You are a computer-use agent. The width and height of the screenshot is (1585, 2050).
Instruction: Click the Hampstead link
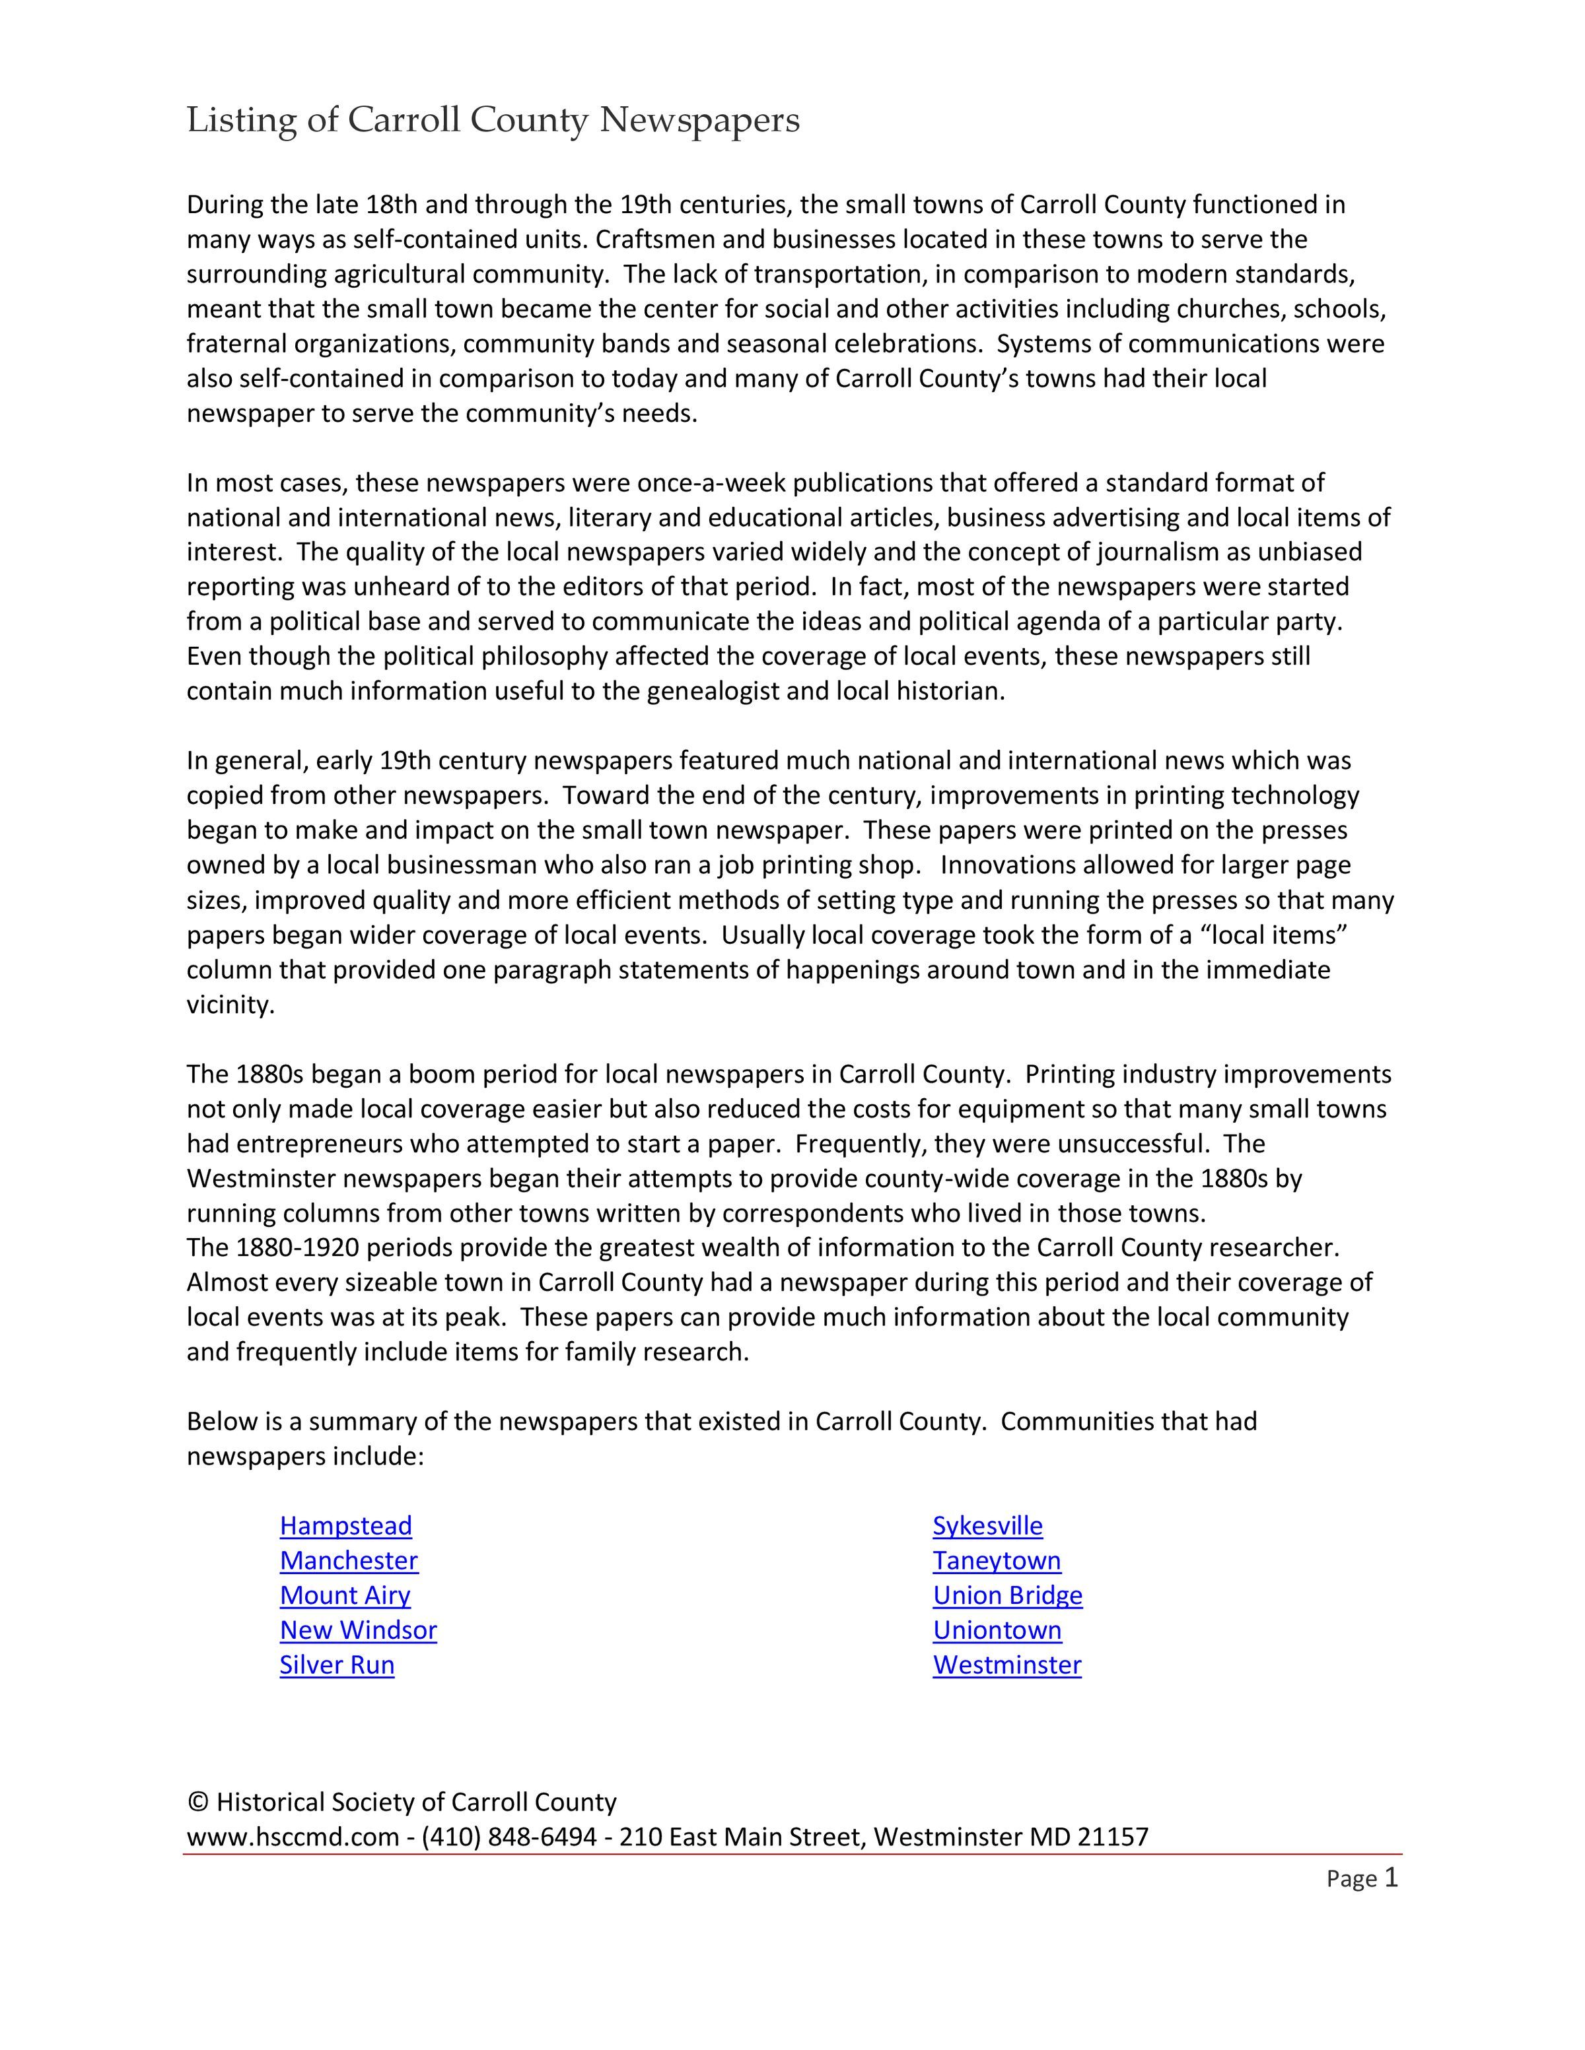[x=345, y=1526]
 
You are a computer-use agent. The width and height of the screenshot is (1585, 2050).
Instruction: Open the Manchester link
[x=348, y=1561]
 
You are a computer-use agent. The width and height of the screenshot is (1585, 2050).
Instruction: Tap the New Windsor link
[x=358, y=1630]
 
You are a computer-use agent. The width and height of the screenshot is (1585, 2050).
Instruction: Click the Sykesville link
[x=987, y=1526]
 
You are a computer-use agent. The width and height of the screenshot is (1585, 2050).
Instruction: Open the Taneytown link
[x=997, y=1561]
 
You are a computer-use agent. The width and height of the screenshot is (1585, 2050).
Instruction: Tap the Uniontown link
[x=997, y=1630]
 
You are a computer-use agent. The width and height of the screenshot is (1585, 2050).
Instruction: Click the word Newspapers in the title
[x=699, y=121]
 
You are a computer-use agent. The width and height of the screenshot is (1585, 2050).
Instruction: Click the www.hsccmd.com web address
[x=293, y=1837]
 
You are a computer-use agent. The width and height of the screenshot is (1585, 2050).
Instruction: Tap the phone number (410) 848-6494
[x=509, y=1837]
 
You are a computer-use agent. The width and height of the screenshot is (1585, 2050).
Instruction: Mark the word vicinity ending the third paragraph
[x=230, y=1005]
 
